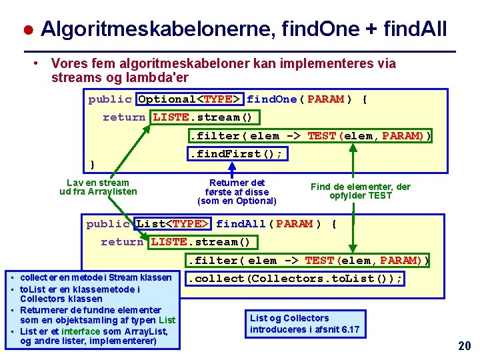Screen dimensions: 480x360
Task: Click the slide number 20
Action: click(x=465, y=345)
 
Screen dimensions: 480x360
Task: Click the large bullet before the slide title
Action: click(x=29, y=30)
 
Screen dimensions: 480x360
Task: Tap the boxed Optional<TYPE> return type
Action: click(x=190, y=99)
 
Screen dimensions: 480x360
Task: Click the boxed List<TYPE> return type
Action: click(x=173, y=224)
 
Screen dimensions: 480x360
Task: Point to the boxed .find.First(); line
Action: click(x=237, y=154)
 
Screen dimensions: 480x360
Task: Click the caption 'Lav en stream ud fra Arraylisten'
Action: click(x=98, y=187)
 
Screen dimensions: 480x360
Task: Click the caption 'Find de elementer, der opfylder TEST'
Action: click(x=361, y=191)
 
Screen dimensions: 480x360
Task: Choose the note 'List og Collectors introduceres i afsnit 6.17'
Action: click(x=304, y=324)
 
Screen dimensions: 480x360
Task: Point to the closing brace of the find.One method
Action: click(x=93, y=164)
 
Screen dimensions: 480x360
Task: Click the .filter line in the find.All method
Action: click(x=308, y=260)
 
